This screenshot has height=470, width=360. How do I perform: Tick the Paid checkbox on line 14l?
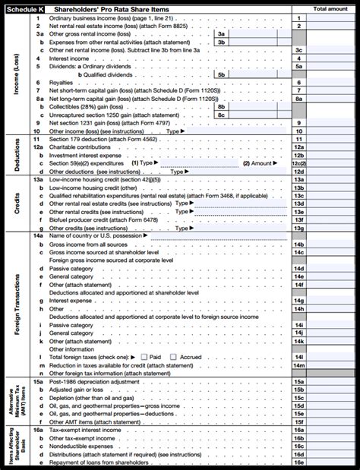tap(145, 356)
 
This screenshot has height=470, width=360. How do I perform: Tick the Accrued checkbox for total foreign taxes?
tap(175, 356)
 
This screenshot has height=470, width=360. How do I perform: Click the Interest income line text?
tap(71, 58)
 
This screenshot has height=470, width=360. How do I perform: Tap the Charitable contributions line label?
tap(80, 148)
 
